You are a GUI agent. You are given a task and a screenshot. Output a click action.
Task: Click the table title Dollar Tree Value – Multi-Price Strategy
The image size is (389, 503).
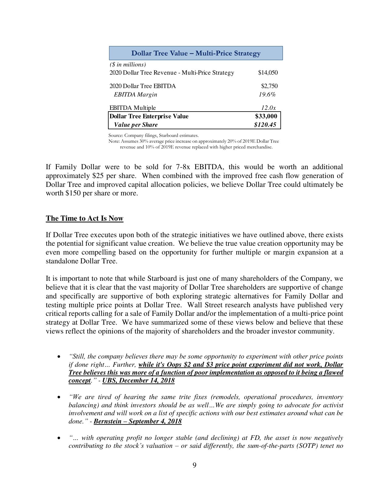tap(196, 53)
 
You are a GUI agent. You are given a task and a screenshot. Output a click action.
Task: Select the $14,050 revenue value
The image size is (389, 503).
tap(268, 73)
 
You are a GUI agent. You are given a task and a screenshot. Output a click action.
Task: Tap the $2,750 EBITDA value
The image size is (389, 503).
tap(269, 86)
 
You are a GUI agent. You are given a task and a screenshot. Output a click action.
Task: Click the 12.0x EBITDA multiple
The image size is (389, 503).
tap(268, 108)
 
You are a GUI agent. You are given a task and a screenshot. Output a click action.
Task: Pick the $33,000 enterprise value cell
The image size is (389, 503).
tap(266, 116)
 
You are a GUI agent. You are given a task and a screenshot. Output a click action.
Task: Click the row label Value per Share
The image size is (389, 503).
tap(136, 125)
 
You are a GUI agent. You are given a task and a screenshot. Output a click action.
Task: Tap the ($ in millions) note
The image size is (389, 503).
tap(128, 65)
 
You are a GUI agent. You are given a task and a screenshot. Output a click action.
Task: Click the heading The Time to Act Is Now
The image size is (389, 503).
tap(85, 219)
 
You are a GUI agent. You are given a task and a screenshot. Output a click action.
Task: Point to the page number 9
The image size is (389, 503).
tap(194, 465)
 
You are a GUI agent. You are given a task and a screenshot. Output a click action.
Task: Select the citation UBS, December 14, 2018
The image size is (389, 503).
tap(138, 380)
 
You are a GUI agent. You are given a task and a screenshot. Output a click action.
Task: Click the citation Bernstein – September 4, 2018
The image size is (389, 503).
tap(138, 421)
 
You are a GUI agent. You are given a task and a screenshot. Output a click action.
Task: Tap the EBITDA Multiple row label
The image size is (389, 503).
tap(132, 108)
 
